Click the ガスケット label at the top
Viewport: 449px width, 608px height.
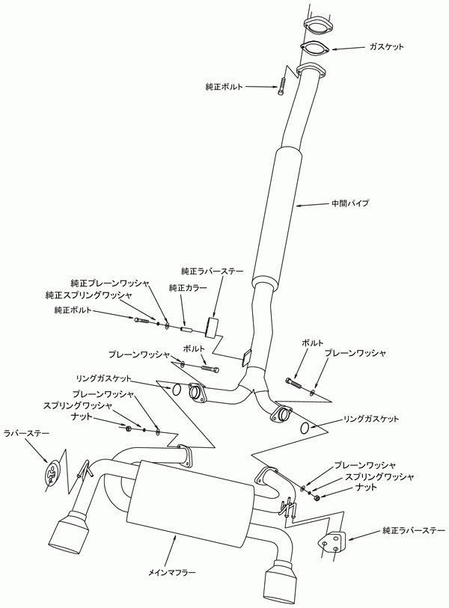click(x=387, y=47)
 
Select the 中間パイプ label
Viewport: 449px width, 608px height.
click(x=350, y=203)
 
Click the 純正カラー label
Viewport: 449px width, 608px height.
click(x=188, y=288)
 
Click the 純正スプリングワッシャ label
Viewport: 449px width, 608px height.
click(x=88, y=295)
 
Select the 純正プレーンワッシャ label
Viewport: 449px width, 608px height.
click(x=110, y=283)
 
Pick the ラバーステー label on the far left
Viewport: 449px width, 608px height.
click(x=26, y=433)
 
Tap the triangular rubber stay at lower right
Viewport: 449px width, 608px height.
click(x=332, y=541)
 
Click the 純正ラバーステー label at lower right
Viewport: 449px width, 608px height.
click(x=413, y=530)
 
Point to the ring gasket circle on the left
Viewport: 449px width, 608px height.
click(x=176, y=390)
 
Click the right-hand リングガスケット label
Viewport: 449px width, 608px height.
click(x=371, y=419)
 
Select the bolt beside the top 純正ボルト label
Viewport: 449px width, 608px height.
click(x=281, y=87)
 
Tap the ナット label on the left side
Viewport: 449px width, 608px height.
click(x=82, y=417)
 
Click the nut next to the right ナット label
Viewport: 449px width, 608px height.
click(x=317, y=497)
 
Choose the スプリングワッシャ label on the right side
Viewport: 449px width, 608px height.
click(x=379, y=476)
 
